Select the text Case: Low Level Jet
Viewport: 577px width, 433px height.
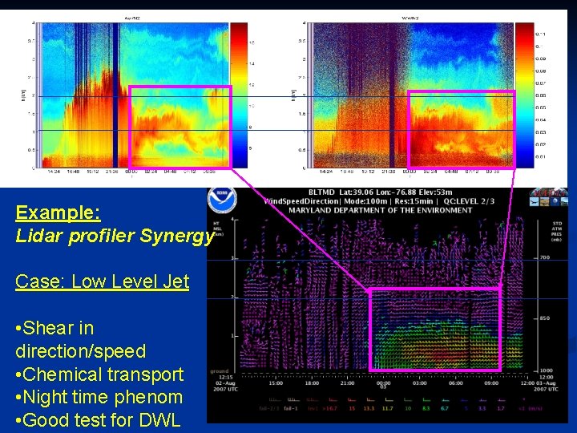pos(102,281)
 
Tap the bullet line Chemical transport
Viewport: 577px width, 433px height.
pos(99,374)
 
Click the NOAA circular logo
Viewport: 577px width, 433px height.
pos(222,200)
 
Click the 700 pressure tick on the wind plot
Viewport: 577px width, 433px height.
pos(544,259)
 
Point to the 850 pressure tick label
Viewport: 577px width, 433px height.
pos(544,318)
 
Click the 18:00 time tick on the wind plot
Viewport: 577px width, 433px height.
pos(311,383)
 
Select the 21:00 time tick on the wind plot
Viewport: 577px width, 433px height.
pos(347,383)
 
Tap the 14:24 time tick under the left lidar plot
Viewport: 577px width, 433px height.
pos(54,171)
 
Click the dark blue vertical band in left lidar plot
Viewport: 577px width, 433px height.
pos(115,96)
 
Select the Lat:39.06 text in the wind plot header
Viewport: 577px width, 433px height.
pos(355,192)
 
